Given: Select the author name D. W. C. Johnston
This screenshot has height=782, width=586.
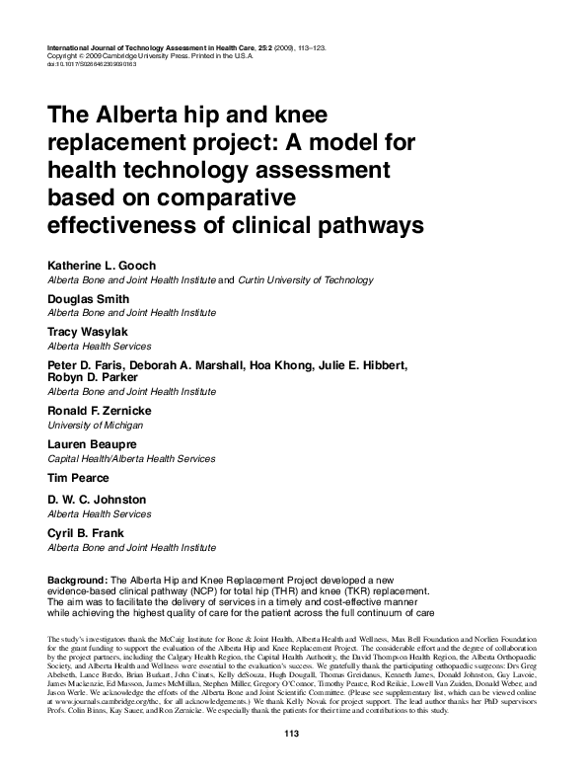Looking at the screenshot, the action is click(x=97, y=500).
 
